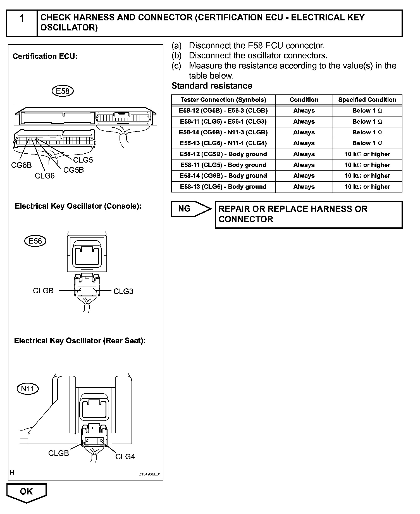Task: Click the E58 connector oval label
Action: tap(63, 91)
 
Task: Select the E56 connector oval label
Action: tap(35, 241)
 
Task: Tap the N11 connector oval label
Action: tap(28, 389)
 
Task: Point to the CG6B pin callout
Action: tap(22, 165)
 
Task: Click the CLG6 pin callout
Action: tap(45, 176)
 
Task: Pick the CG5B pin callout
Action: tap(73, 170)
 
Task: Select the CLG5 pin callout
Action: tap(83, 160)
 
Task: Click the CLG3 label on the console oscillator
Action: tap(123, 291)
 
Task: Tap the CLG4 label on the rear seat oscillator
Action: tap(125, 456)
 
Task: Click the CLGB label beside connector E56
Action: tap(43, 291)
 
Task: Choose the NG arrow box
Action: tap(191, 209)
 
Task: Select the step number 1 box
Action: tap(22, 23)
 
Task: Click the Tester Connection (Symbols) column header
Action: tap(223, 100)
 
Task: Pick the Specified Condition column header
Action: tap(367, 100)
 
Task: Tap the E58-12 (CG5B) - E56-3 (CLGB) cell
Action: tap(223, 111)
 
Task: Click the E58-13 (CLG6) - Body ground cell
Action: tap(223, 187)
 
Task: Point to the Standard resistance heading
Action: tap(212, 86)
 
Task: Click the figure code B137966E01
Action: tap(149, 474)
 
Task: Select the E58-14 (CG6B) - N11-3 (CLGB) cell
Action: tap(223, 132)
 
